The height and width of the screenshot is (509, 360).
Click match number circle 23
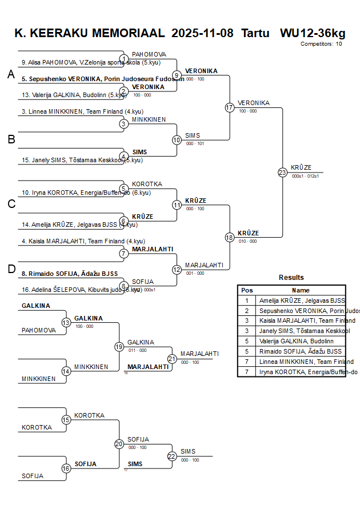coord(282,172)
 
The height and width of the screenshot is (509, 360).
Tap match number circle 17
coord(230,107)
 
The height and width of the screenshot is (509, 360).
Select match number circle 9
coord(177,75)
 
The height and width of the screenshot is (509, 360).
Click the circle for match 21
coord(172,359)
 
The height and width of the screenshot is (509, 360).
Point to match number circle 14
coord(66,371)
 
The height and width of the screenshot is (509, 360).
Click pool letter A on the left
coord(11,75)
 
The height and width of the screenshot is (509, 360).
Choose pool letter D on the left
coord(11,269)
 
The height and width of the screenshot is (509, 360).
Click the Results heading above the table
coord(291,278)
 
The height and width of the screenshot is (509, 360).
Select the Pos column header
coord(247,290)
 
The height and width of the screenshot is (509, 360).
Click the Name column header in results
coord(301,290)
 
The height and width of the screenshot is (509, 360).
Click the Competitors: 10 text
coord(321,43)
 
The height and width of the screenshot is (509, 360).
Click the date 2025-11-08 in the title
coord(202,33)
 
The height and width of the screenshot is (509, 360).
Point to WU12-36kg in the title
coord(313,33)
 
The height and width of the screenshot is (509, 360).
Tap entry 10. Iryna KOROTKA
coord(86,193)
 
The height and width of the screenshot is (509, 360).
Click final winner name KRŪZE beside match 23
coord(301,167)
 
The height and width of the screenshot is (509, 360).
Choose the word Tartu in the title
coord(255,33)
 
